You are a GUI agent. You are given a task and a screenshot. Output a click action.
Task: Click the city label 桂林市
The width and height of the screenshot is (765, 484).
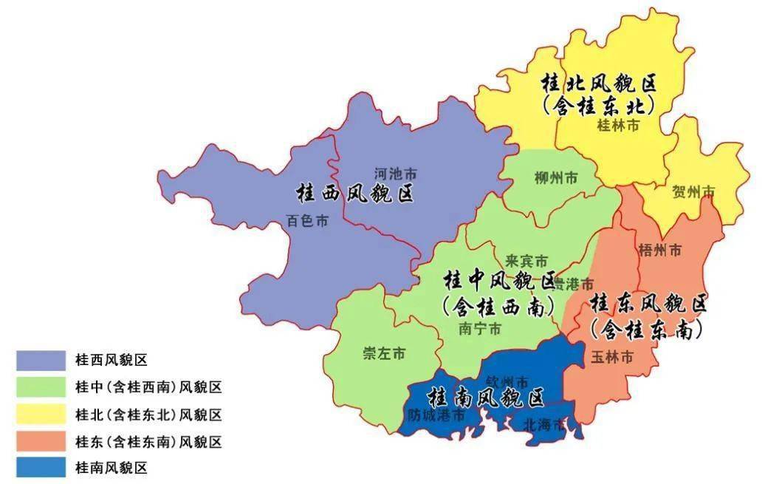tap(617, 126)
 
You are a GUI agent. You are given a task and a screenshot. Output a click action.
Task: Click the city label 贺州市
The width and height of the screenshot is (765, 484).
tap(693, 193)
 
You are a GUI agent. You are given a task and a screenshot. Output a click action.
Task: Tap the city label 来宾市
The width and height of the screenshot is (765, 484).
tap(526, 261)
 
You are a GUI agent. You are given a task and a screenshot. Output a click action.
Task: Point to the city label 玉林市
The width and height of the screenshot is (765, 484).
tap(612, 357)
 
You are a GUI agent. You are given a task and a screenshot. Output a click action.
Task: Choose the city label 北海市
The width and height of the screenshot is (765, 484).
tap(544, 425)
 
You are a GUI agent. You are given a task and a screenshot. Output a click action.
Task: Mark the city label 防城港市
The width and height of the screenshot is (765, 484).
tap(436, 416)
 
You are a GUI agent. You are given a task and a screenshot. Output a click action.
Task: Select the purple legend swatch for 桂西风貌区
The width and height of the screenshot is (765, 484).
tap(40, 360)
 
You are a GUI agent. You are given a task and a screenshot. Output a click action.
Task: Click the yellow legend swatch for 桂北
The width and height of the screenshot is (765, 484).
tap(40, 414)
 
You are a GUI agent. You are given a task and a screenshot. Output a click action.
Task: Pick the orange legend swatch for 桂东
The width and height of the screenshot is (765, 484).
tap(40, 441)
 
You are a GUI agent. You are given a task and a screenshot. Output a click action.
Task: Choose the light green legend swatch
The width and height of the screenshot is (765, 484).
tap(40, 387)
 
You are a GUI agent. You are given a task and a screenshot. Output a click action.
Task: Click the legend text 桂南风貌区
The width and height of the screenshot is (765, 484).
tap(112, 468)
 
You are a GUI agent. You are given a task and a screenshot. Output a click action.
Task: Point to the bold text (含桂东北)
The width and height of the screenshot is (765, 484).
tap(599, 106)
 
